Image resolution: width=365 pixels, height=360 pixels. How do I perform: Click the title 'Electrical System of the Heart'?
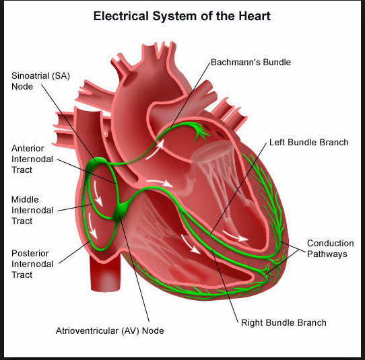pos(182,16)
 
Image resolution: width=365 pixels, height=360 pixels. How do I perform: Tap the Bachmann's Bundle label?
pos(251,63)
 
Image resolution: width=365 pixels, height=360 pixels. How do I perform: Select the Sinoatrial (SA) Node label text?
pos(40,81)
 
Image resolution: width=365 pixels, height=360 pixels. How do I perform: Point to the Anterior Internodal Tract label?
pos(32,159)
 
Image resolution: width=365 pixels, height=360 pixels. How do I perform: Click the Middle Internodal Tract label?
pos(32,210)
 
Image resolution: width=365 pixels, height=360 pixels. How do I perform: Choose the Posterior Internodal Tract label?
pos(32,264)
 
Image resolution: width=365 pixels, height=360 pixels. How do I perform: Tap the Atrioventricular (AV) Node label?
pos(110,330)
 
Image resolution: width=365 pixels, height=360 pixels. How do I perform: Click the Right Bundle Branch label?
pos(284,322)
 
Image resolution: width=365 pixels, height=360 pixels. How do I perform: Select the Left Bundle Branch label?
pos(309,143)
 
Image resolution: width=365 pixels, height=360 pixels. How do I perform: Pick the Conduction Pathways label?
pos(330,248)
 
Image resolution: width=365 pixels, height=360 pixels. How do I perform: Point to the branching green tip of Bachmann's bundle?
pos(200,131)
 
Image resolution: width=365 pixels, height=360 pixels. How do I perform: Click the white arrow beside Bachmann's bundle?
pos(156,149)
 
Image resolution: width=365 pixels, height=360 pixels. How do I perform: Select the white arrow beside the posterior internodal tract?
pos(93,226)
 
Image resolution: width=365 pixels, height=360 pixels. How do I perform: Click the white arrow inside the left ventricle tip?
pos(234,236)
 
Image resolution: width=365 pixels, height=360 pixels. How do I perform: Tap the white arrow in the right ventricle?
pos(190,244)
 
